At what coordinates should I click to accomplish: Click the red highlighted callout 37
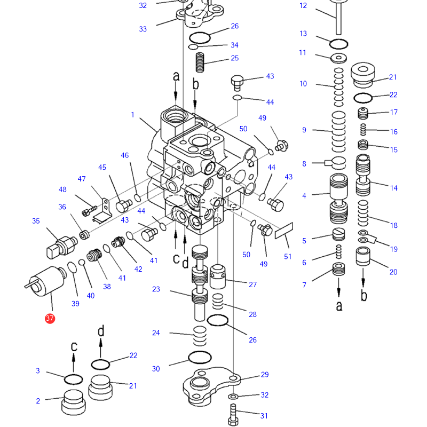pos(50,319)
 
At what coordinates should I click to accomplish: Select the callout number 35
pos(36,221)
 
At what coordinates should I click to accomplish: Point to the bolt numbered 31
pos(233,414)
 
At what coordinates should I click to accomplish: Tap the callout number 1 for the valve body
pos(133,115)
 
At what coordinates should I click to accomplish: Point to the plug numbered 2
pos(74,402)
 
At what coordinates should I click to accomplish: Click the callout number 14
pos(394,188)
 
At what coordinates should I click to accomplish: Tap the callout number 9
pos(304,130)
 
